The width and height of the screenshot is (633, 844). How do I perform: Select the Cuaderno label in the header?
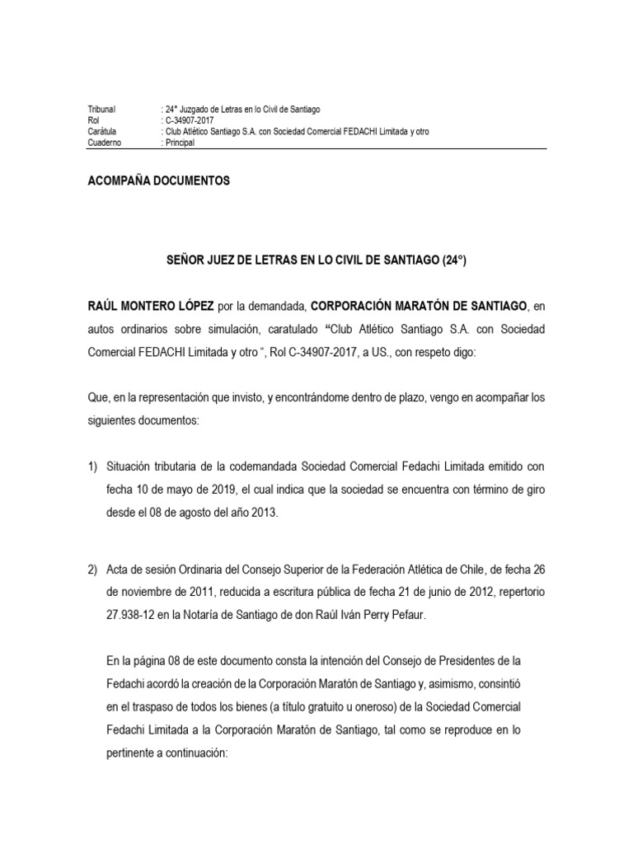pyautogui.click(x=104, y=143)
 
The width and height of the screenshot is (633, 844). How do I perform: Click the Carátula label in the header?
pyautogui.click(x=102, y=132)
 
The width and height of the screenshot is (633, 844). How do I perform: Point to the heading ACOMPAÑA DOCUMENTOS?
pyautogui.click(x=158, y=181)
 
